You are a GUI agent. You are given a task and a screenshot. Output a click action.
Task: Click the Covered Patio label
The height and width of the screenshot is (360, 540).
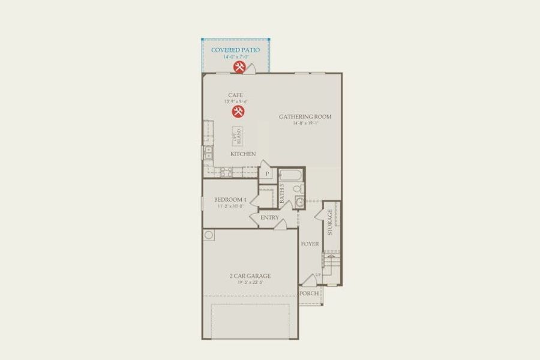(235, 50)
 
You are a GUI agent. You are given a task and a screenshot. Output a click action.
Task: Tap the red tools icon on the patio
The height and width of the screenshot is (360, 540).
(239, 67)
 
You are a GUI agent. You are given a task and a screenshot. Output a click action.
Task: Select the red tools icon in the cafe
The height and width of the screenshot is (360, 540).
(237, 112)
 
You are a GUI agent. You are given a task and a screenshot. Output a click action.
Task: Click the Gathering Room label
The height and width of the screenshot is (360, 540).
(305, 116)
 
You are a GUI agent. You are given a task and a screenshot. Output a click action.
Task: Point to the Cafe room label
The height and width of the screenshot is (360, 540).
(235, 95)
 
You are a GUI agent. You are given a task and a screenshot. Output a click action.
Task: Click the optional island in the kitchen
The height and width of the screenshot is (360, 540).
(237, 136)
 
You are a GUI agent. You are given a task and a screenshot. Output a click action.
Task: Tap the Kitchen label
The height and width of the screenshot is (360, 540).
(243, 154)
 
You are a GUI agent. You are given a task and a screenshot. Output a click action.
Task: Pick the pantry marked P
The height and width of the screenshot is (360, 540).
(266, 174)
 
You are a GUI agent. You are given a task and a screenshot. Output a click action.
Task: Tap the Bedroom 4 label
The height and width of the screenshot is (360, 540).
(230, 199)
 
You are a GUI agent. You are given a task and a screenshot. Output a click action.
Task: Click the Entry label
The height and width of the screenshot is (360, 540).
(269, 217)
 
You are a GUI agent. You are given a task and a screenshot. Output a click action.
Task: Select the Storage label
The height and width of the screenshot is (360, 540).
(330, 223)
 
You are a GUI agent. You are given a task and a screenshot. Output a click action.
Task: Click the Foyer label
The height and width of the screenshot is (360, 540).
(310, 244)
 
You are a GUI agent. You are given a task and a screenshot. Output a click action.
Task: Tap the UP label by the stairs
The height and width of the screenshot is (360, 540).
(318, 274)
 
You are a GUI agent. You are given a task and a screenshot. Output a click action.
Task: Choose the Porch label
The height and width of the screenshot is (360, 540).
(309, 293)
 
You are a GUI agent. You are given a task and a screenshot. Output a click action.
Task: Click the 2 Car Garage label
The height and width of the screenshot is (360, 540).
(250, 276)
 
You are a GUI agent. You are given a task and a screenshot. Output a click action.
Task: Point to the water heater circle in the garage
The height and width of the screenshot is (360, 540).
(208, 235)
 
